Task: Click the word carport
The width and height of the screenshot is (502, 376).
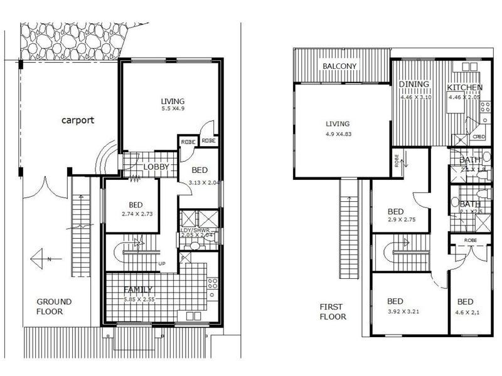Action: coord(78,120)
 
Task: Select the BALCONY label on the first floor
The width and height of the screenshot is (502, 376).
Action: coord(339,66)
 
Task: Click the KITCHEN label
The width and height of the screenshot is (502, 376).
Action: coord(465,87)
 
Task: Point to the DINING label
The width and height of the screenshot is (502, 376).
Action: coord(414,85)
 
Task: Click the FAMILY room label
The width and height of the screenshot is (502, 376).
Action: coord(138,290)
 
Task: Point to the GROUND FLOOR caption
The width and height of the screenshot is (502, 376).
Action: coord(53,306)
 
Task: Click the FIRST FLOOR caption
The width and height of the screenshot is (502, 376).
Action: coord(332,312)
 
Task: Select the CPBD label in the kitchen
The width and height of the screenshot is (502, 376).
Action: coord(479,137)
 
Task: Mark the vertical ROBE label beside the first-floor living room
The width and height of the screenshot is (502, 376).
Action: coord(397,159)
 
